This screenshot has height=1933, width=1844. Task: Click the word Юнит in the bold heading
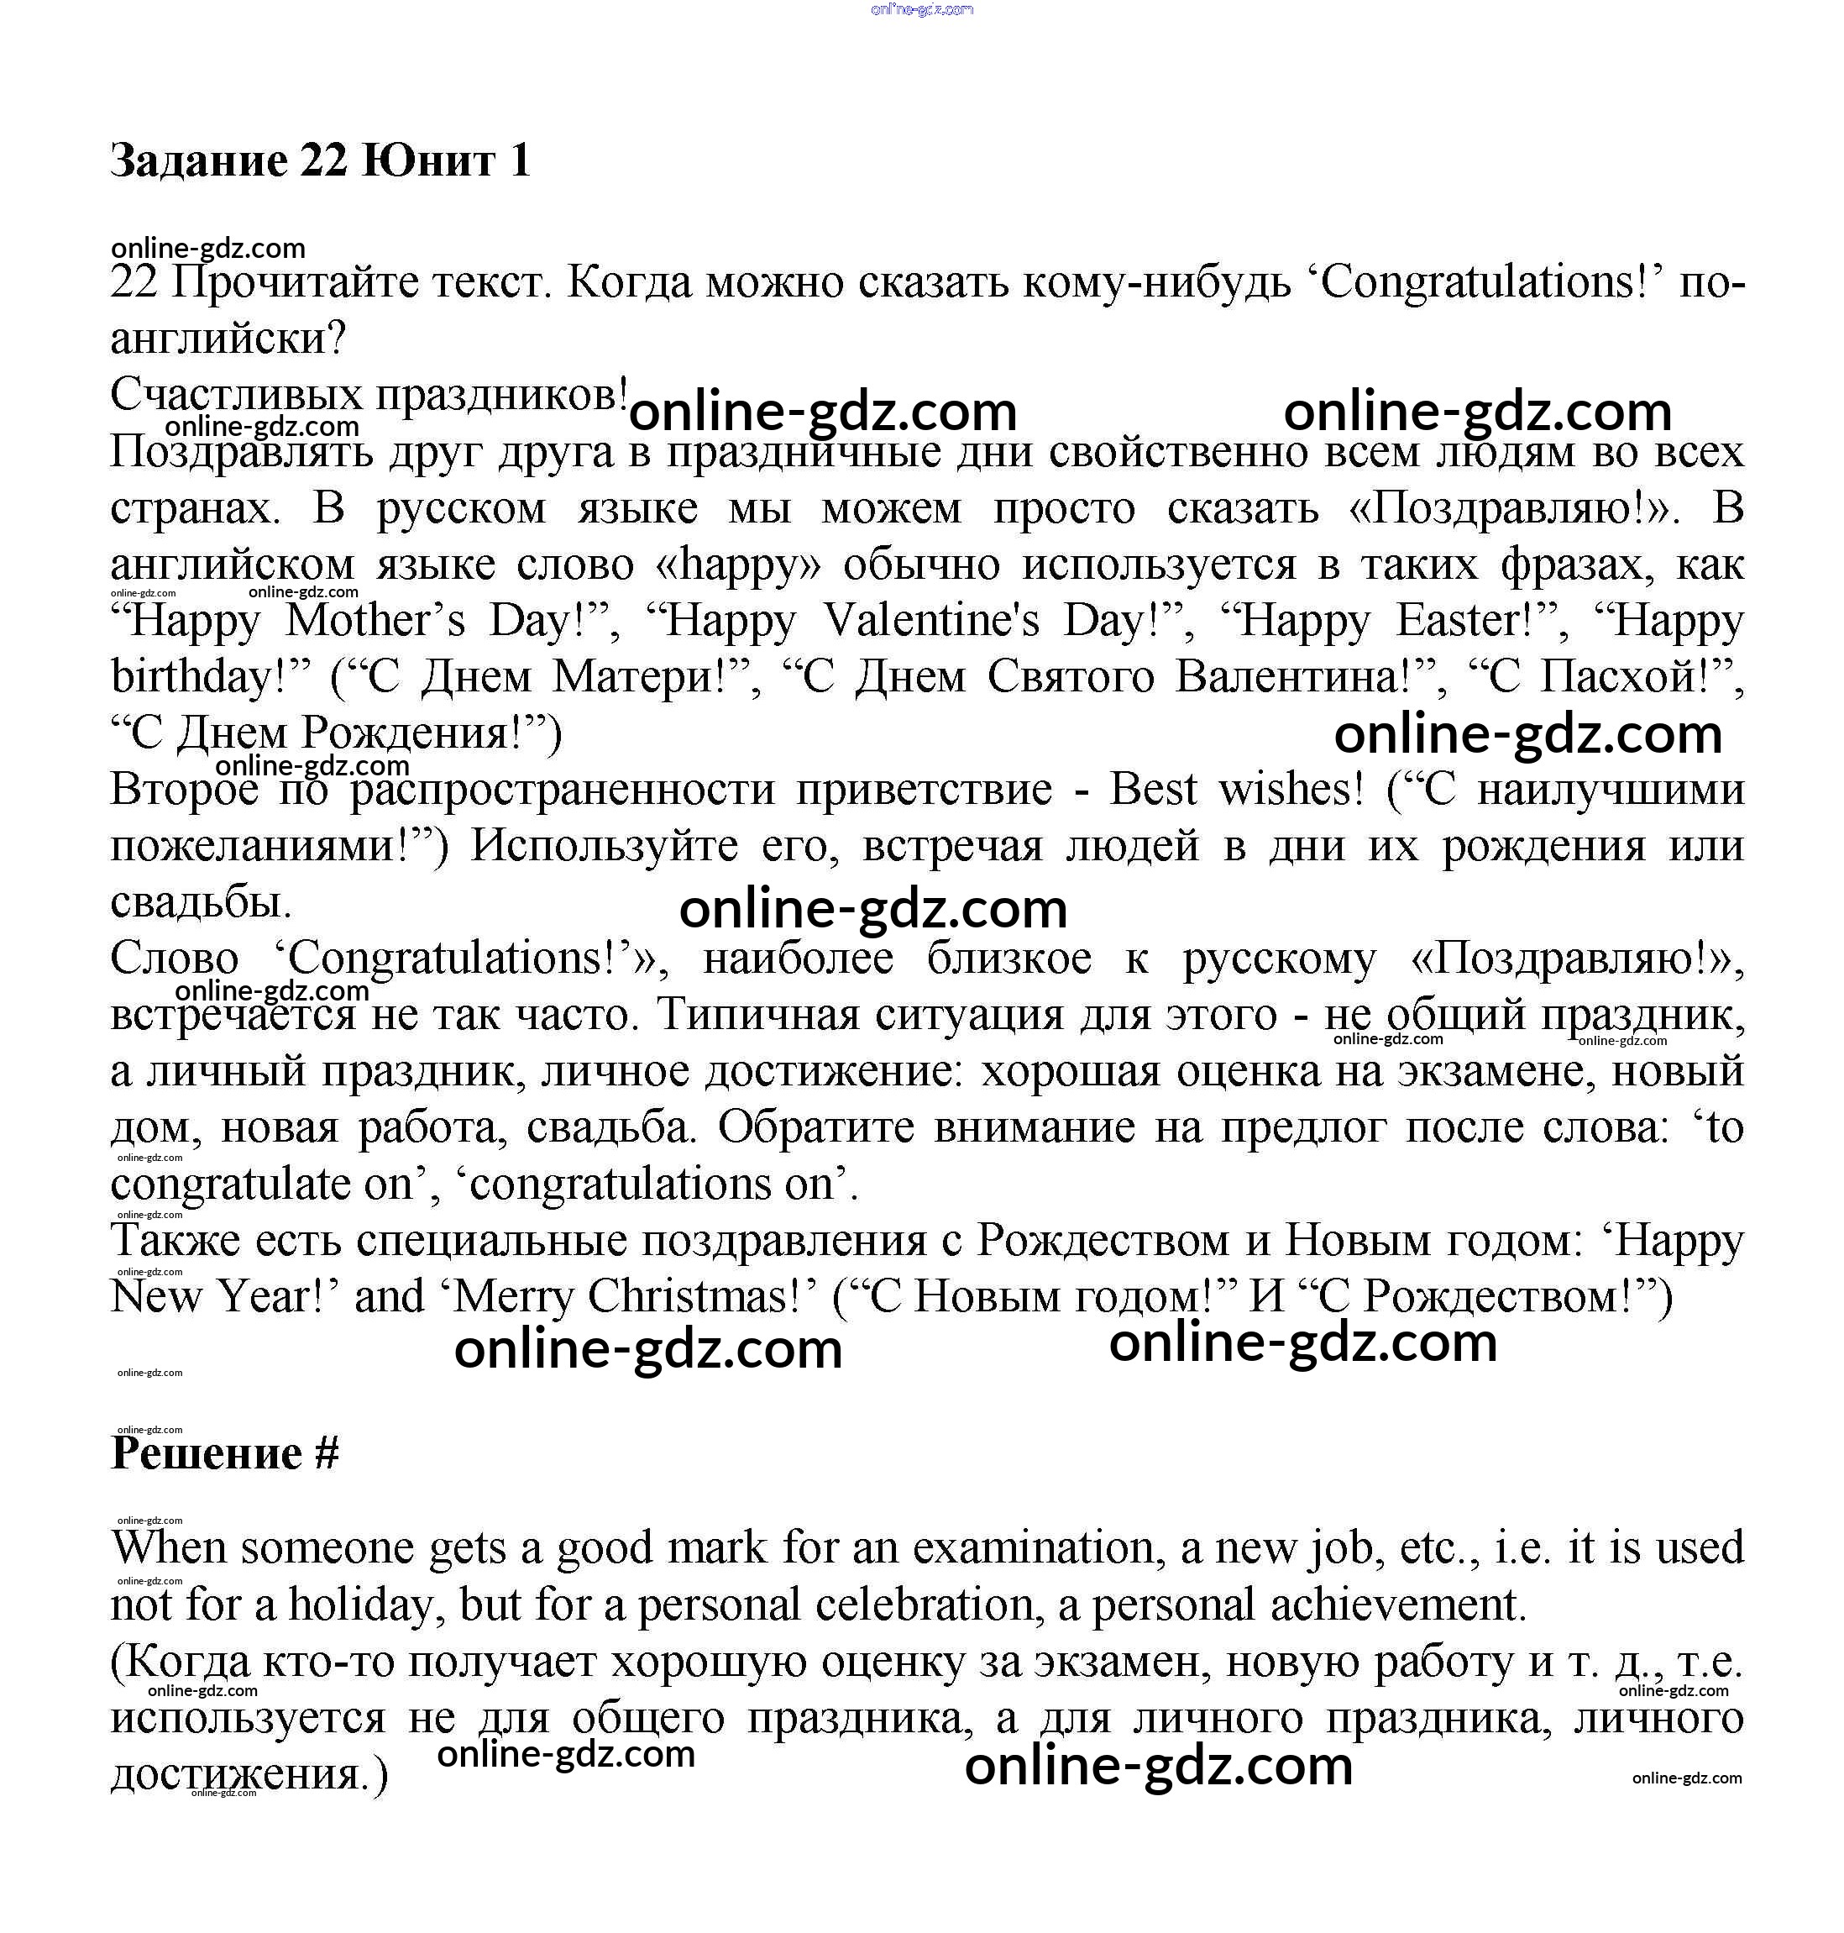pos(427,160)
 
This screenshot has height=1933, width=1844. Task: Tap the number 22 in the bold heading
pos(323,160)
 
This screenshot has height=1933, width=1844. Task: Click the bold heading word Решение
pos(207,1454)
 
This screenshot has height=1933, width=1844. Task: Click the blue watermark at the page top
pos(922,10)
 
